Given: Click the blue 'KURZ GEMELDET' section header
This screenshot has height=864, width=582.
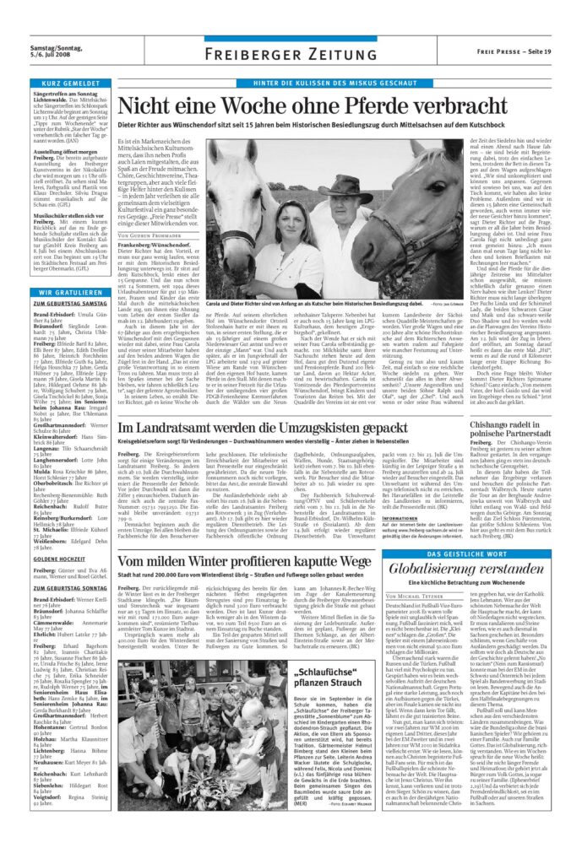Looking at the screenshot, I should point(69,84).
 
